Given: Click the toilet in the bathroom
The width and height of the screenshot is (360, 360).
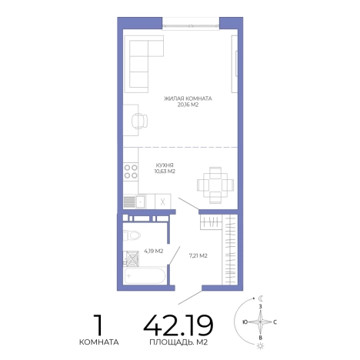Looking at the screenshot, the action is (x=132, y=235).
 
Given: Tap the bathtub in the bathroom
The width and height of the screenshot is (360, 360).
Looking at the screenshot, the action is (x=145, y=275).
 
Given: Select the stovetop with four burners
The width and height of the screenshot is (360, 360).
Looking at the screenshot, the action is (x=131, y=172).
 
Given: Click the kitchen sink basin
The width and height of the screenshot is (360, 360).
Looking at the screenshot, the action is (x=141, y=202).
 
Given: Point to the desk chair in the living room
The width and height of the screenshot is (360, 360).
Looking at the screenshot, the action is (x=139, y=121).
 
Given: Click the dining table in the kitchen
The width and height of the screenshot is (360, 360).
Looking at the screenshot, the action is (x=215, y=185).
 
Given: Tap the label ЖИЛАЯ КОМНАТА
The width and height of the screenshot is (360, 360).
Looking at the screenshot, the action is (x=188, y=98).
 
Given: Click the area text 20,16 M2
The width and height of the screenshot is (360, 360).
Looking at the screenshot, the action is (x=188, y=105).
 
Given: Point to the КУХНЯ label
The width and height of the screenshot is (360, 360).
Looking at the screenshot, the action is (x=165, y=165).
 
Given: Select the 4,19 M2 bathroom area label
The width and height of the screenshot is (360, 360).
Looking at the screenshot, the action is (x=154, y=251).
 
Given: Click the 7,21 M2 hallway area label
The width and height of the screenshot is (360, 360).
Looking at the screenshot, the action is (x=198, y=255).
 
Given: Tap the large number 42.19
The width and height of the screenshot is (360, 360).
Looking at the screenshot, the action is (x=178, y=325).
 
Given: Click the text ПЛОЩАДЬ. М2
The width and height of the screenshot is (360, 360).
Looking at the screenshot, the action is (x=178, y=342).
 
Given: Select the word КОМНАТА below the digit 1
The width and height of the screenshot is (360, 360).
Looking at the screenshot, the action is (x=99, y=342).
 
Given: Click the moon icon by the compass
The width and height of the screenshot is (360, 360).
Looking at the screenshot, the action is (x=261, y=298).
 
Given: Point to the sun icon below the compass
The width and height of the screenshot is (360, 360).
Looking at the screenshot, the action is (x=261, y=346).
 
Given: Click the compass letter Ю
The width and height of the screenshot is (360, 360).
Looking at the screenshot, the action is (x=245, y=322).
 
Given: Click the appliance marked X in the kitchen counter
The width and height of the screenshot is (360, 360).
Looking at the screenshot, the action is (x=162, y=202).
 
